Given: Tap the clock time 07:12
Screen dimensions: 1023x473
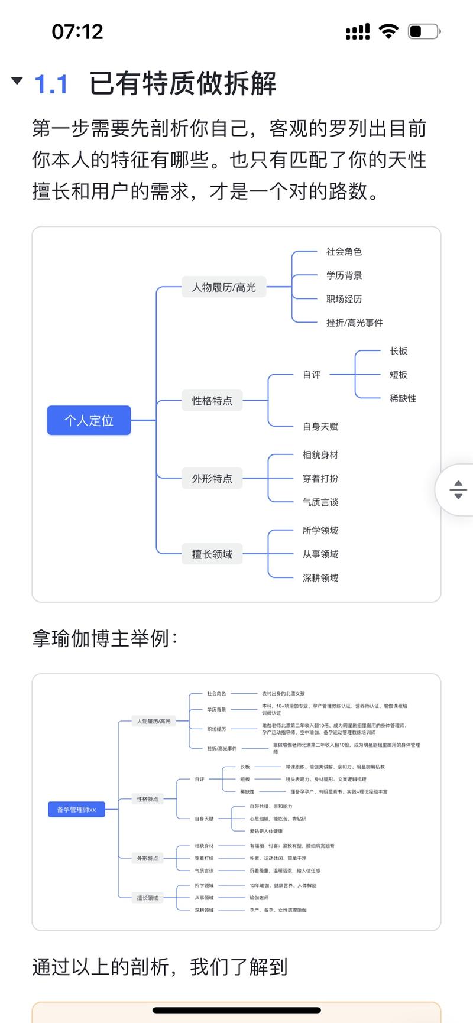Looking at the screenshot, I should click(77, 31).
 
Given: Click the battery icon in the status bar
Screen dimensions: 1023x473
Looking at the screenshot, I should click(424, 31).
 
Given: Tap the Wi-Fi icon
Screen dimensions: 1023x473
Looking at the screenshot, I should click(388, 31).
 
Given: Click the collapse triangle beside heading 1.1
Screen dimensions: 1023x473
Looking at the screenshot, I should click(17, 80).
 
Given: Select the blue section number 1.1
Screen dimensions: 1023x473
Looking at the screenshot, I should click(51, 84).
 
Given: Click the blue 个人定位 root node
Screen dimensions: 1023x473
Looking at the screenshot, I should click(89, 420).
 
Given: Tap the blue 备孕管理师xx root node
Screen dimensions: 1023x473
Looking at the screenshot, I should click(76, 810).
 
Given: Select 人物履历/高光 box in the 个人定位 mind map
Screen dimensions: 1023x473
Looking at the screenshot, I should click(224, 287).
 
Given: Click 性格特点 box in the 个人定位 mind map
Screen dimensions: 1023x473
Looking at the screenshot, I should click(212, 401).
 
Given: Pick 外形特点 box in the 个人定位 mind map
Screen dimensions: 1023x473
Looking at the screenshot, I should click(212, 479).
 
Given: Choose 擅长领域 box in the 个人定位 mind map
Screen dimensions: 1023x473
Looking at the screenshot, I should click(212, 554).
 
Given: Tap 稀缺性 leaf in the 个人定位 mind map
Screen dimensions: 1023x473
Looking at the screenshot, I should click(403, 398).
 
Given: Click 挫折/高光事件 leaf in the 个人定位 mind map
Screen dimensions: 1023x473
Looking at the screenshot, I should click(355, 323).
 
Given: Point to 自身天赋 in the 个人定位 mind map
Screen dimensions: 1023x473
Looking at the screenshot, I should click(320, 427).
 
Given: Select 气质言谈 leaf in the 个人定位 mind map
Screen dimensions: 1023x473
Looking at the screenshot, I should click(320, 502).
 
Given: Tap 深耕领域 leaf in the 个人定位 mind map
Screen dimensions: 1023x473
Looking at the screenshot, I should click(320, 578).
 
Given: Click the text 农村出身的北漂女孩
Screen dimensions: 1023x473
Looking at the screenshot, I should click(283, 694).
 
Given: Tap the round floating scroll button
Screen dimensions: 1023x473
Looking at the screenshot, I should click(458, 489).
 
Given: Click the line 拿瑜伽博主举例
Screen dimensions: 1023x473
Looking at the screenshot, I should click(105, 639).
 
